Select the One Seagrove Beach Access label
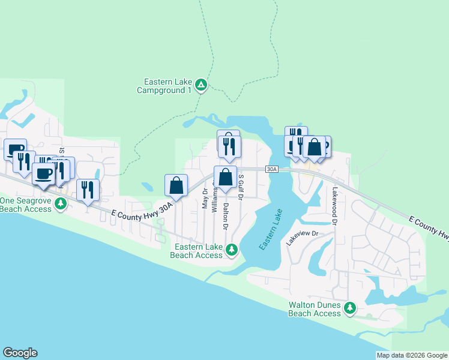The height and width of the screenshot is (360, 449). (x=26, y=205)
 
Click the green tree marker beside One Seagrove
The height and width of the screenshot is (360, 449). (x=61, y=204)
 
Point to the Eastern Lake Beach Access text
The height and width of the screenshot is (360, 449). (x=196, y=251)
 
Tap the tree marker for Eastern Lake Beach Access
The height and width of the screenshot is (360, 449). (x=231, y=250)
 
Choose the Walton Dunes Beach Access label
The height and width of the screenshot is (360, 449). (x=315, y=309)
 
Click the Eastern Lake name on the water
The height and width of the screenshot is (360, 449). (x=270, y=230)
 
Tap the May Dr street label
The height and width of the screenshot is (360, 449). (x=205, y=199)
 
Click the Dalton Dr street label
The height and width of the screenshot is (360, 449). (x=226, y=216)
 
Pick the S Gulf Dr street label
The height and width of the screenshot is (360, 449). (x=240, y=187)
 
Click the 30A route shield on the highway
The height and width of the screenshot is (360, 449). (x=272, y=170)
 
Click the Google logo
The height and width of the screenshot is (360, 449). (x=20, y=353)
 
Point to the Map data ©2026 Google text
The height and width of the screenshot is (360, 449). (x=411, y=355)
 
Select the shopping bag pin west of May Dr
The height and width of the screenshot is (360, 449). (x=176, y=185)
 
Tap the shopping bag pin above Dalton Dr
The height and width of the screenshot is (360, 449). (x=225, y=178)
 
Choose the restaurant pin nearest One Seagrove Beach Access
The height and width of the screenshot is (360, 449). (x=88, y=190)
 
